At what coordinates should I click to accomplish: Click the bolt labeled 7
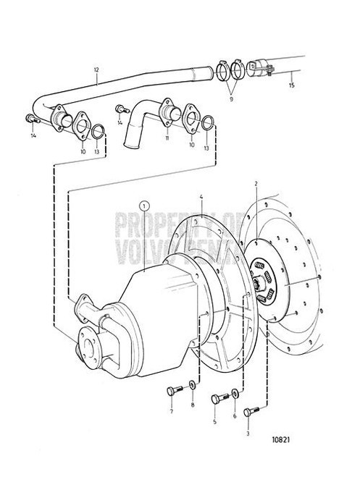tap(169, 392)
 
